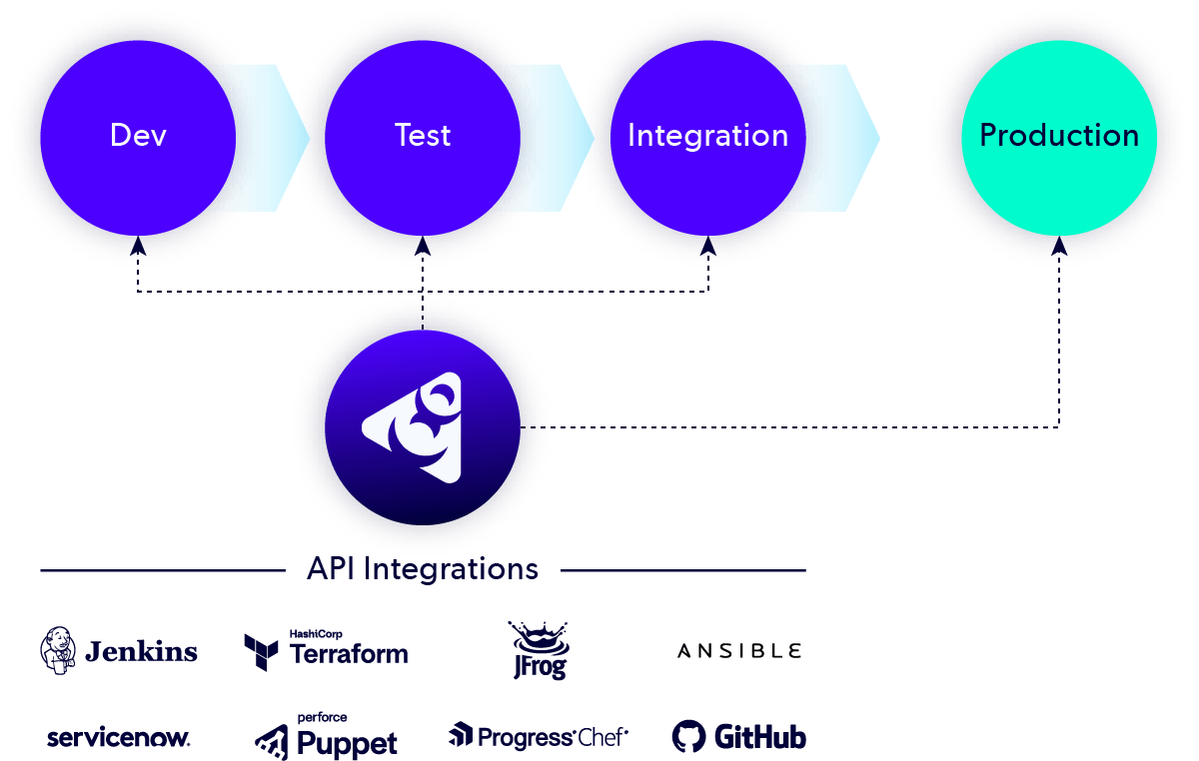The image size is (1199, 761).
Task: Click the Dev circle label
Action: tap(138, 135)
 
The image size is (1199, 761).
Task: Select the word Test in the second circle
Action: tap(422, 135)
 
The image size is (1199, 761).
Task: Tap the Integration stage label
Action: tap(707, 135)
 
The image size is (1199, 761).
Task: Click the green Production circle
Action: tap(1059, 135)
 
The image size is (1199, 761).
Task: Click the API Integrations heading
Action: tap(423, 569)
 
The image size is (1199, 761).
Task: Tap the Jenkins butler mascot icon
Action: tap(58, 650)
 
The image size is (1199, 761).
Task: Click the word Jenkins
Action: tap(141, 652)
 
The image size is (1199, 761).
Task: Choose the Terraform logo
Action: tap(326, 650)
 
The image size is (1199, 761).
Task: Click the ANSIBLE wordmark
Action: tap(739, 651)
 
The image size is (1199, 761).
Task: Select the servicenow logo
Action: tap(118, 739)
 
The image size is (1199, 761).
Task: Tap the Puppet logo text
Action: tap(346, 743)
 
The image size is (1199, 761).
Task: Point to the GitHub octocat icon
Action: tap(688, 737)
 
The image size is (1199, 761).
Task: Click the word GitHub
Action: tap(759, 738)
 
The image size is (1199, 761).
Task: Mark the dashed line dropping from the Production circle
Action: tap(1059, 350)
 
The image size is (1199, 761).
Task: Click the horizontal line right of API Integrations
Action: tap(683, 571)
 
